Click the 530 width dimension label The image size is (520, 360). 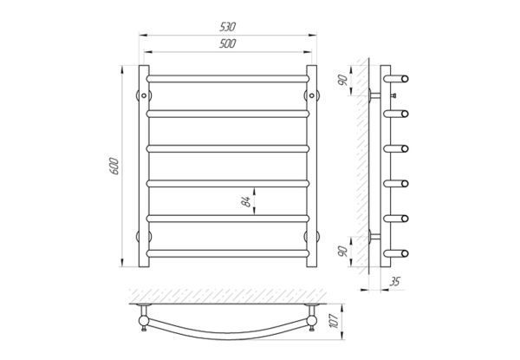tap(227, 27)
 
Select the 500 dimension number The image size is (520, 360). tap(227, 43)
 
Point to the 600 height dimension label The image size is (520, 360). tap(114, 167)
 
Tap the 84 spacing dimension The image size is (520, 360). tap(246, 201)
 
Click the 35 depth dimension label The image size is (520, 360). tap(395, 282)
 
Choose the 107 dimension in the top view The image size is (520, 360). tap(335, 321)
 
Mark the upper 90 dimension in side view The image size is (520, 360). tap(343, 81)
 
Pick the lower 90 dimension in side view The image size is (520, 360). tap(343, 252)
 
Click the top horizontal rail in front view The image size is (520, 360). tap(228, 79)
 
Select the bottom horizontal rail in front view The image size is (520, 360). tap(228, 253)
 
